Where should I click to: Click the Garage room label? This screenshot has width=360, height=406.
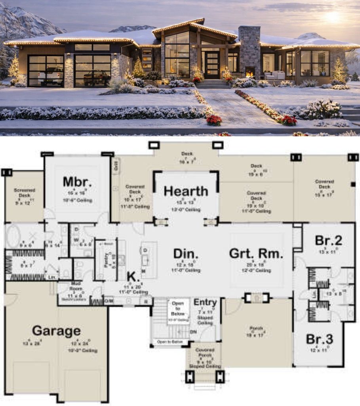(56, 330)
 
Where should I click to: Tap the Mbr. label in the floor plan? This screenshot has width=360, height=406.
(78, 182)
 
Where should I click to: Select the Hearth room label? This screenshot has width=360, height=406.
(186, 191)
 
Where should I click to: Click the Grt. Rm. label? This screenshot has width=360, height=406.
(256, 253)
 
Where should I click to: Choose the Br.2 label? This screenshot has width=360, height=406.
(328, 241)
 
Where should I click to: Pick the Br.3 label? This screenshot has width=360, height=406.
(319, 339)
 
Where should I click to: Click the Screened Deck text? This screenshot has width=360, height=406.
(24, 192)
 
